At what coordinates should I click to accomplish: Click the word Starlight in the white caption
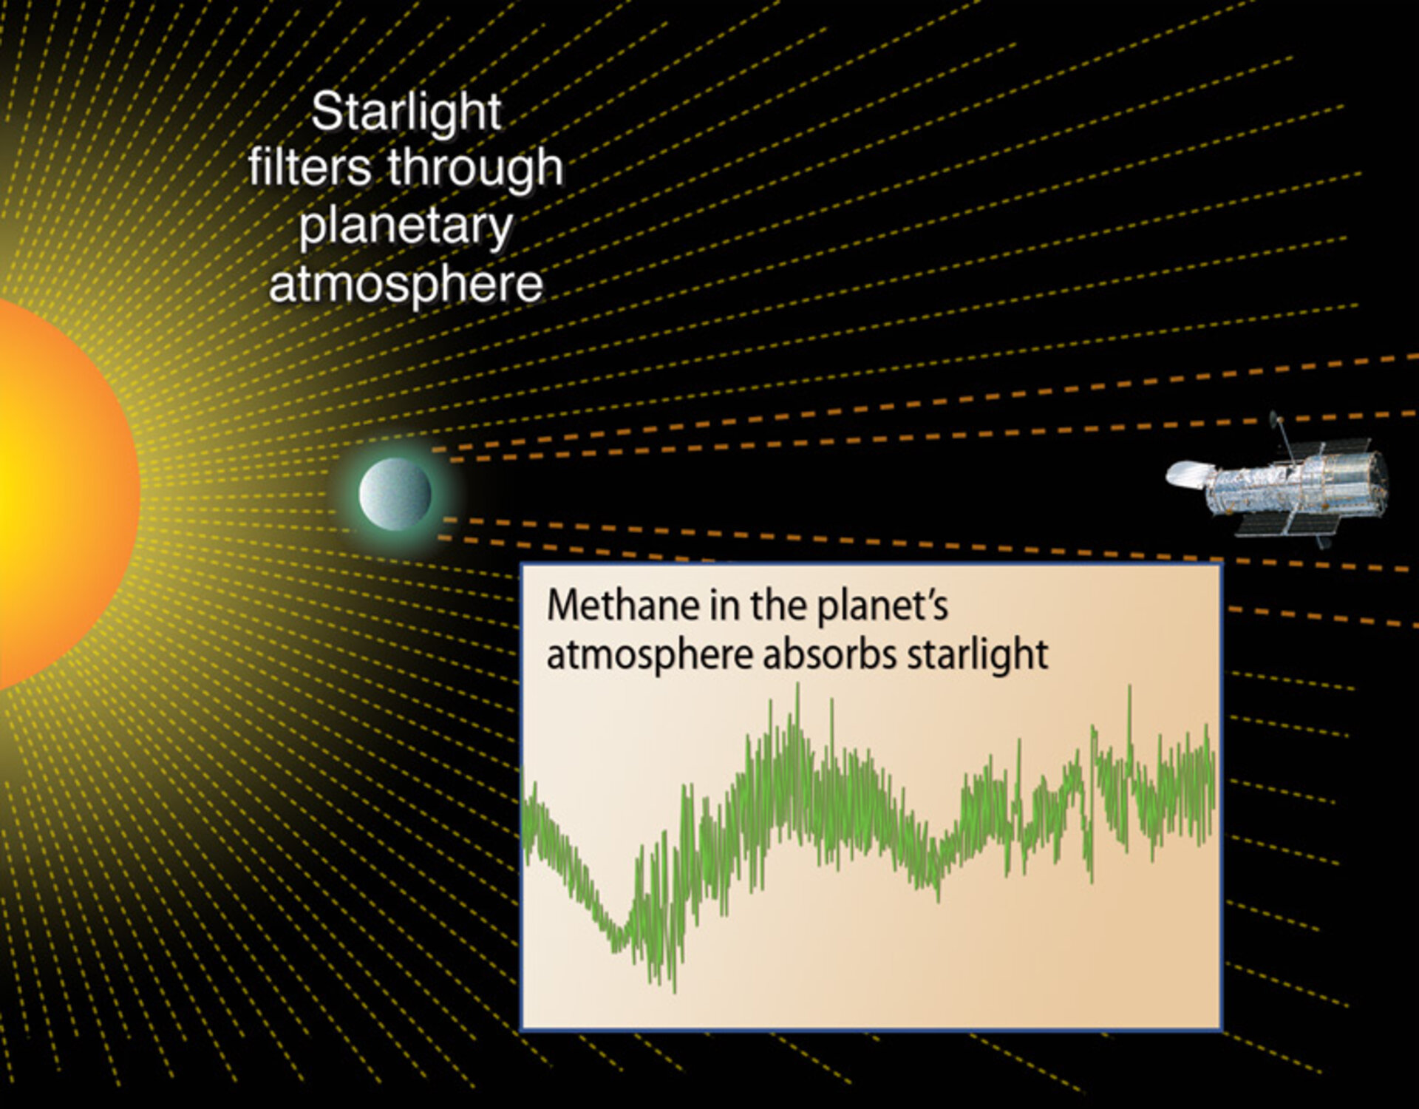(406, 112)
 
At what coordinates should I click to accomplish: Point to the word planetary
(406, 227)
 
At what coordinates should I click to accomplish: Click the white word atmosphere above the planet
(406, 284)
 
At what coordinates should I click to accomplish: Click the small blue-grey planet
(395, 494)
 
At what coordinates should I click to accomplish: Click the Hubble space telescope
(1286, 484)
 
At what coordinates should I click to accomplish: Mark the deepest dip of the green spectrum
(673, 987)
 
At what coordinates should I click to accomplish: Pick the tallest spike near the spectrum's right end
(1129, 691)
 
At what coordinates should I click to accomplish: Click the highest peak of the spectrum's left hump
(797, 688)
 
